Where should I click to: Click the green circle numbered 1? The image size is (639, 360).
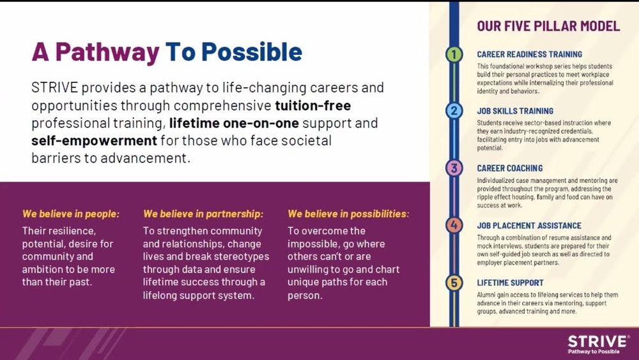pyautogui.click(x=454, y=54)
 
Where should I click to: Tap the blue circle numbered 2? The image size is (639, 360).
pyautogui.click(x=454, y=111)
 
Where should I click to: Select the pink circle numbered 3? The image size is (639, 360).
pyautogui.click(x=454, y=168)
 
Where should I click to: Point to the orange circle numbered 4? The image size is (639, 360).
pyautogui.click(x=454, y=225)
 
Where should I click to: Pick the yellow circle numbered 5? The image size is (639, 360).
pyautogui.click(x=454, y=283)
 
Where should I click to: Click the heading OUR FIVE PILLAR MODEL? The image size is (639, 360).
pyautogui.click(x=548, y=26)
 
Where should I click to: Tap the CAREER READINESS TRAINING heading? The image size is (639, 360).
pyautogui.click(x=530, y=54)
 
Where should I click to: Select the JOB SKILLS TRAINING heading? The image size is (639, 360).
pyautogui.click(x=515, y=111)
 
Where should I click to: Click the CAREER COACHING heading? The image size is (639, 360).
pyautogui.click(x=510, y=168)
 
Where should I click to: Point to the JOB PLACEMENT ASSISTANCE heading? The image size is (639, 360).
pyautogui.click(x=529, y=226)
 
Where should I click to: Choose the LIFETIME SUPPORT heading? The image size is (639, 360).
pyautogui.click(x=510, y=283)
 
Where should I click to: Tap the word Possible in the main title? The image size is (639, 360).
pyautogui.click(x=252, y=52)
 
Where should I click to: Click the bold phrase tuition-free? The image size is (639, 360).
pyautogui.click(x=313, y=106)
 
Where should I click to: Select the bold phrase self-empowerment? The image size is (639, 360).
pyautogui.click(x=94, y=141)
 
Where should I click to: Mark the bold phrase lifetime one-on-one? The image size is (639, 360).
pyautogui.click(x=234, y=123)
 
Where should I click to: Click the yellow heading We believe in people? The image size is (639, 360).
pyautogui.click(x=71, y=214)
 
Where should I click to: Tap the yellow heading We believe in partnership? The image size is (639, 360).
pyautogui.click(x=203, y=214)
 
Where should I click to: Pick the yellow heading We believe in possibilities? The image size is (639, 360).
pyautogui.click(x=348, y=214)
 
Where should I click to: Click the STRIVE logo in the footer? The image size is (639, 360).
pyautogui.click(x=598, y=344)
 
